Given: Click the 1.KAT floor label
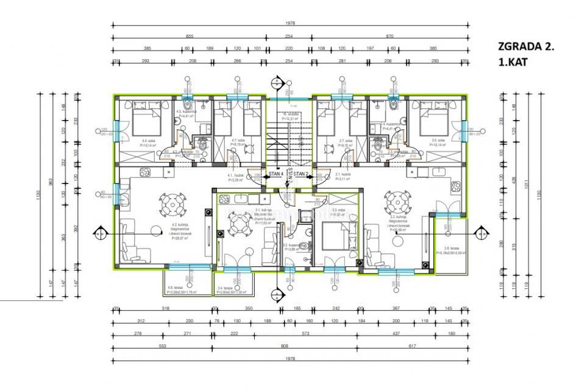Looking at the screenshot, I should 512,62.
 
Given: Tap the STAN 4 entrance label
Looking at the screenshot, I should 277,174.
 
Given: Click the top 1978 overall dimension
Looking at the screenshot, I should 290,24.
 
